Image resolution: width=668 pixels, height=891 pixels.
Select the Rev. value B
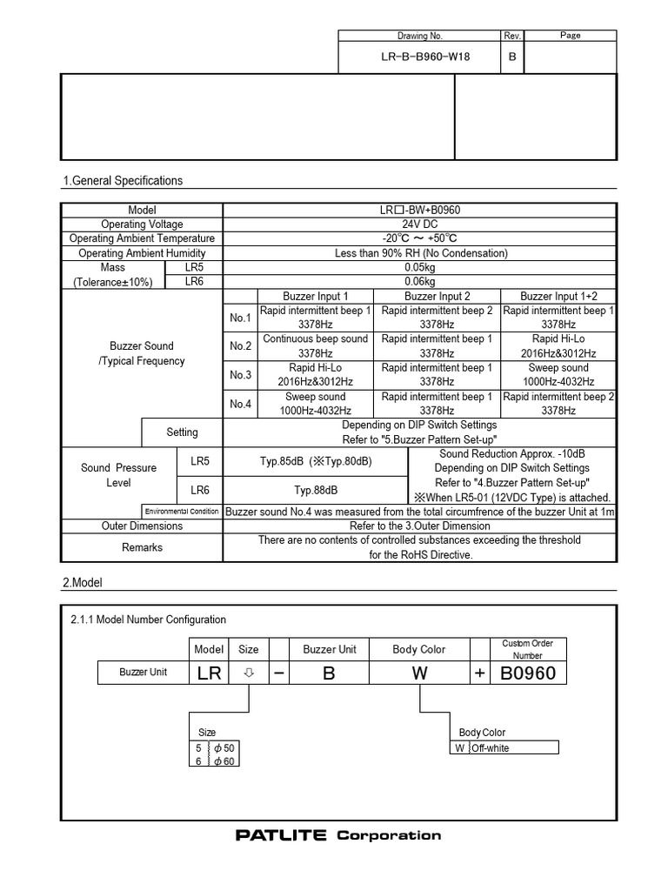[x=512, y=57]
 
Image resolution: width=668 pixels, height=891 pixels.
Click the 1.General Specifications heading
[x=123, y=181]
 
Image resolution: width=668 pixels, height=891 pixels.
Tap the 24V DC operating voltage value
[x=419, y=224]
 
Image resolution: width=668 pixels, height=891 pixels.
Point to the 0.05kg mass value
[x=419, y=267]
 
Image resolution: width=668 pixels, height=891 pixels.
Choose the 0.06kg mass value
[x=419, y=282]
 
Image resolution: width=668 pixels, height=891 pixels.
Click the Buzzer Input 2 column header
[x=437, y=296]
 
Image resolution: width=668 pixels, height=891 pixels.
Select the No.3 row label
[x=240, y=375]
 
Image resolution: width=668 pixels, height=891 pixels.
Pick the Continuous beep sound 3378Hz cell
[x=315, y=346]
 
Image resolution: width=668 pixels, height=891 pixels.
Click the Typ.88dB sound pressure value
[x=315, y=490]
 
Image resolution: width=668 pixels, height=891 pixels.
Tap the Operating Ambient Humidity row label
[x=141, y=253]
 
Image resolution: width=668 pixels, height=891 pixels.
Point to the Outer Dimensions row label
[x=142, y=526]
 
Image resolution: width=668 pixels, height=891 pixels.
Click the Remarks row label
[x=142, y=547]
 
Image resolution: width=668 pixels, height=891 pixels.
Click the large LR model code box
[x=209, y=673]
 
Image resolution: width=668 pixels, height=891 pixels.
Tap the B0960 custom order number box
[x=528, y=673]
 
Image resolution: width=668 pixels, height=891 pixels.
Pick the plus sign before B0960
[x=480, y=673]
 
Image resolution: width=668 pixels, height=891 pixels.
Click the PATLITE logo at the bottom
[x=281, y=835]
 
